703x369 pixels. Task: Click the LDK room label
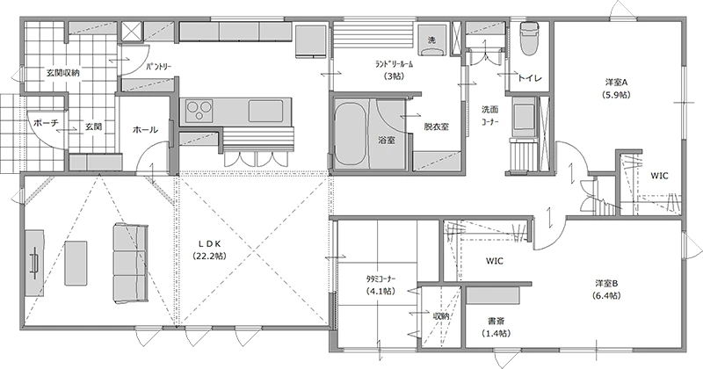tap(210, 244)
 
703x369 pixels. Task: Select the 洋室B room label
tap(606, 284)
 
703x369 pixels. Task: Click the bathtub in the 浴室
tap(349, 134)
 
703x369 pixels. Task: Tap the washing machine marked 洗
tap(431, 40)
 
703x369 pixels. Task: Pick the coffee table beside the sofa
tap(76, 263)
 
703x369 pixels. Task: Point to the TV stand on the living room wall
tap(34, 263)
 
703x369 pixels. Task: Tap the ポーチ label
tap(46, 123)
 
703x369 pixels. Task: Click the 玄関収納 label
tap(63, 73)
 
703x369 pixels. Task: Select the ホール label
tap(145, 130)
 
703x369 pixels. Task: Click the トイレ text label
tap(530, 78)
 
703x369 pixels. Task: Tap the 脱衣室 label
tap(437, 127)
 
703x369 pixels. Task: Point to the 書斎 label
tap(496, 321)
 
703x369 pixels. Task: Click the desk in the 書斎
tap(493, 296)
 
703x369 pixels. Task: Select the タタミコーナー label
tap(381, 279)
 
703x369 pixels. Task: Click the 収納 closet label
tap(441, 316)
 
